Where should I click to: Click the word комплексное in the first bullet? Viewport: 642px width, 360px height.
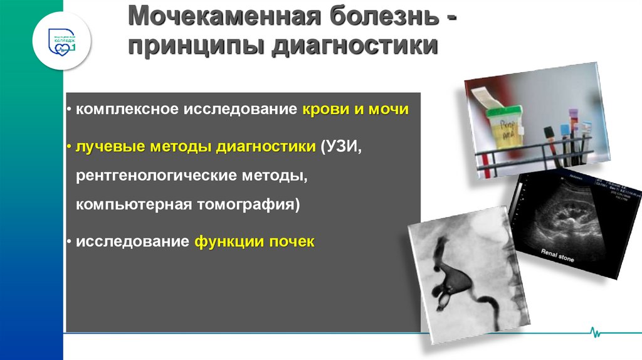127,110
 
